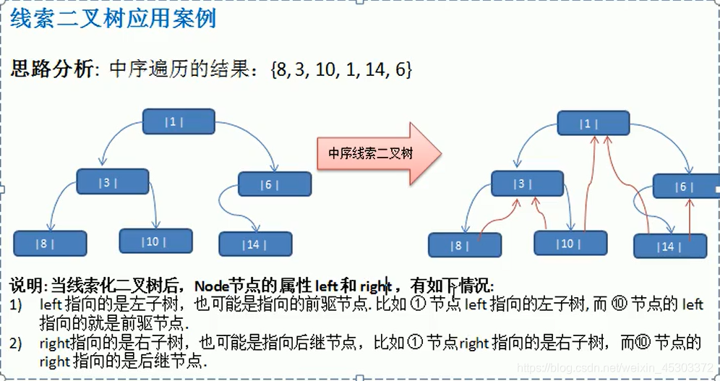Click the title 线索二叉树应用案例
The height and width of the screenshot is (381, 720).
(x=113, y=18)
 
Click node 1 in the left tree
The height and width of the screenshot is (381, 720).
(x=179, y=121)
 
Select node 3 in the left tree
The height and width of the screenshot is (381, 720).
(x=112, y=181)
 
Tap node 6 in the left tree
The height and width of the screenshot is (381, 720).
(x=274, y=184)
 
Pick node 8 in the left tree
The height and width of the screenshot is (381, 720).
(x=50, y=244)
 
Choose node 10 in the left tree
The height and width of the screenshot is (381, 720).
(x=155, y=241)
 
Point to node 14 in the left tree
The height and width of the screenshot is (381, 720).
(x=255, y=244)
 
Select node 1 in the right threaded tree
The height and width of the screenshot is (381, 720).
(x=593, y=124)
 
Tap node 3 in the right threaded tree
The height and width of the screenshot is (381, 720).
(x=527, y=184)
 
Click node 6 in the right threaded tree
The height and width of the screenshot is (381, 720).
(x=685, y=187)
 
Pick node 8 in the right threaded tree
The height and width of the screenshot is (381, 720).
(x=464, y=246)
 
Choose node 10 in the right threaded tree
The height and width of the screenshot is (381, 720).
(x=570, y=244)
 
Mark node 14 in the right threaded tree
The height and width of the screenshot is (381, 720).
(x=670, y=247)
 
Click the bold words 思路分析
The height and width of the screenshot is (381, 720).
(x=52, y=69)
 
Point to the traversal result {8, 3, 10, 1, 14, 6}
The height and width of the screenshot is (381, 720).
(x=341, y=69)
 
